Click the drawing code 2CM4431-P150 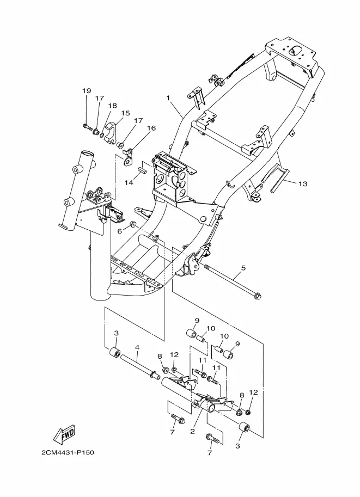(x=68, y=452)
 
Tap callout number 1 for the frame (x=168, y=98)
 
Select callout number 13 (x=303, y=184)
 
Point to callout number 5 (x=243, y=268)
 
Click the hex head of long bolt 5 (x=258, y=297)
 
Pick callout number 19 (x=87, y=91)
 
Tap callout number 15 (x=125, y=113)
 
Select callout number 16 (x=151, y=128)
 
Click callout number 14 (x=129, y=182)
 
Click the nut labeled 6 (x=132, y=225)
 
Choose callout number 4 (x=137, y=347)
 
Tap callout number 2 (x=192, y=432)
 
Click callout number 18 (x=113, y=106)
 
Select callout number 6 (x=120, y=231)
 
